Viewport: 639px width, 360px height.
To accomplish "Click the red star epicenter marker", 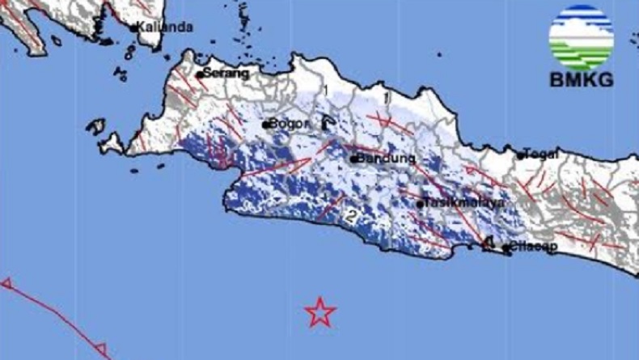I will pos(320,311).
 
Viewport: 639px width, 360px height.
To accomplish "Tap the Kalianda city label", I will pos(165,27).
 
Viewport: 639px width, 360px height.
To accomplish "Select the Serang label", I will pos(226,73).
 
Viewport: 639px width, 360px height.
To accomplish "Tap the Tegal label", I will pos(544,154).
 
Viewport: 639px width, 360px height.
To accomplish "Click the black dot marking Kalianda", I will pos(134,28).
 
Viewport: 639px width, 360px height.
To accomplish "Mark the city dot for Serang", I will pos(200,74).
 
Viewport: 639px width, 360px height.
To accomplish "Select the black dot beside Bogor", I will pos(265,125).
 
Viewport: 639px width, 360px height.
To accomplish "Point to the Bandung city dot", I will pos(353,159).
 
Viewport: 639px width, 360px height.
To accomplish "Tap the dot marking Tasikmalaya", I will pos(421,204).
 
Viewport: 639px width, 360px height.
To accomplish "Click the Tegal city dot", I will pos(520,155).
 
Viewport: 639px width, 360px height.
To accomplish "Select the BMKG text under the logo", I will pos(581,79).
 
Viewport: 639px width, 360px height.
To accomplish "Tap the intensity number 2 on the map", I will pos(350,216).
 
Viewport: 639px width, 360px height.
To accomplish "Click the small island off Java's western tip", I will pos(95,126).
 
